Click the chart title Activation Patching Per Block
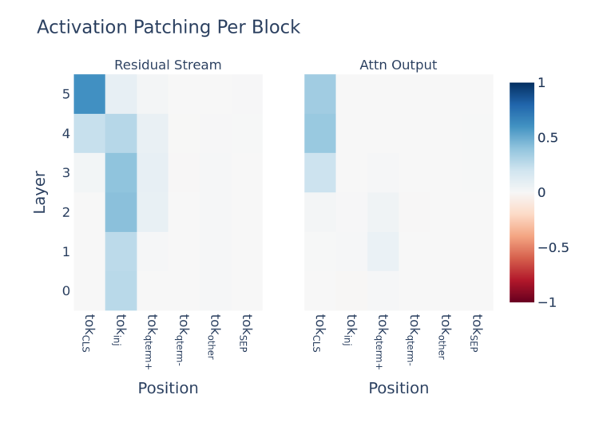169,27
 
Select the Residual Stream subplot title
168,65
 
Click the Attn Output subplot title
398,65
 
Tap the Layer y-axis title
40,192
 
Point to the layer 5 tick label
65,94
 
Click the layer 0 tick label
65,291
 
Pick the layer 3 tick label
65,173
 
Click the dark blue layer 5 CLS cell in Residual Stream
89,94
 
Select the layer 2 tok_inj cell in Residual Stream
121,212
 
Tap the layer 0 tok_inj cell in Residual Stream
121,291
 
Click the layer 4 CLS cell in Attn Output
320,133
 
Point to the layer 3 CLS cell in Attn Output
320,173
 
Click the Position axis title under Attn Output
398,389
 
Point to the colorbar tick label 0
541,192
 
